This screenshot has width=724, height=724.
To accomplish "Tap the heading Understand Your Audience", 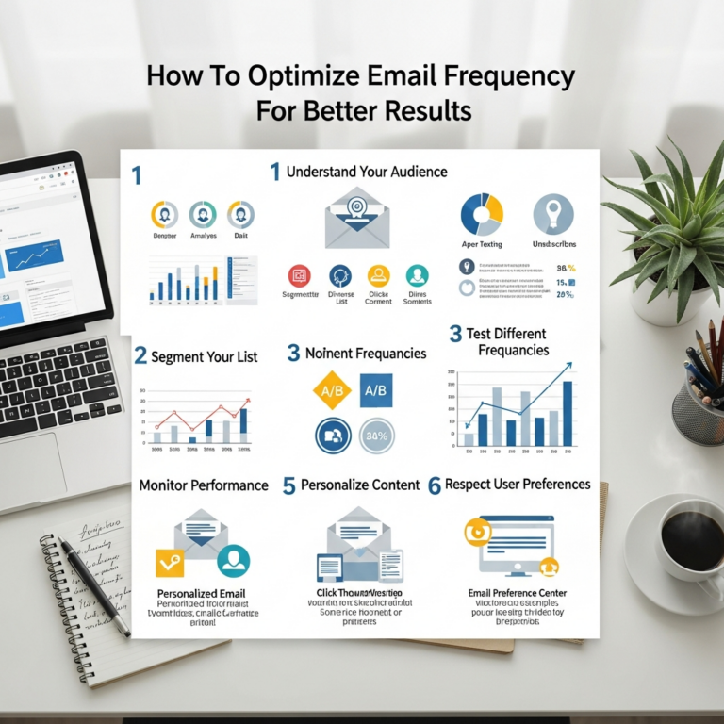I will point(366,172).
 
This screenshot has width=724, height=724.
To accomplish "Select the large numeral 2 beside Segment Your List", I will point(140,355).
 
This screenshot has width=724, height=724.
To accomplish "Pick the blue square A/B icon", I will point(375,389).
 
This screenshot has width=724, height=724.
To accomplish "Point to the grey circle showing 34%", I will point(376,436).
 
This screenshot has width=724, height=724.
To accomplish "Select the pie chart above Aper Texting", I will point(481,215).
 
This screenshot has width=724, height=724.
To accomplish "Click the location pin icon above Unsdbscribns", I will point(552,215).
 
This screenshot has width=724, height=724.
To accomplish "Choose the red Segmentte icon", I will point(300,275).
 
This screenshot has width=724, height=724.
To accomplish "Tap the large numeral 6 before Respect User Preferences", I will point(434,486).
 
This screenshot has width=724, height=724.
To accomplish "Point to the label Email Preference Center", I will point(512,593).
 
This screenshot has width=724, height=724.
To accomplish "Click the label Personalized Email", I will point(206,594).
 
